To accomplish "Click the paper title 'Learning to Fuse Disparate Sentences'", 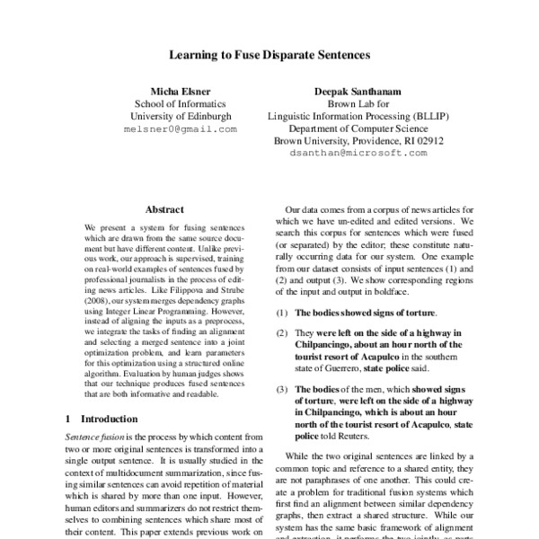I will click(269, 54).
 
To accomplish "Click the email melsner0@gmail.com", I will click(180, 129).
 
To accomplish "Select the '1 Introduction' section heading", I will click(102, 419).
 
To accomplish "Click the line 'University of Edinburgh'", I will click(180, 116).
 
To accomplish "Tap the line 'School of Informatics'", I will click(180, 103).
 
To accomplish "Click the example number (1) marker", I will click(283, 314).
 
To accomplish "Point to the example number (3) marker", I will click(283, 388).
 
